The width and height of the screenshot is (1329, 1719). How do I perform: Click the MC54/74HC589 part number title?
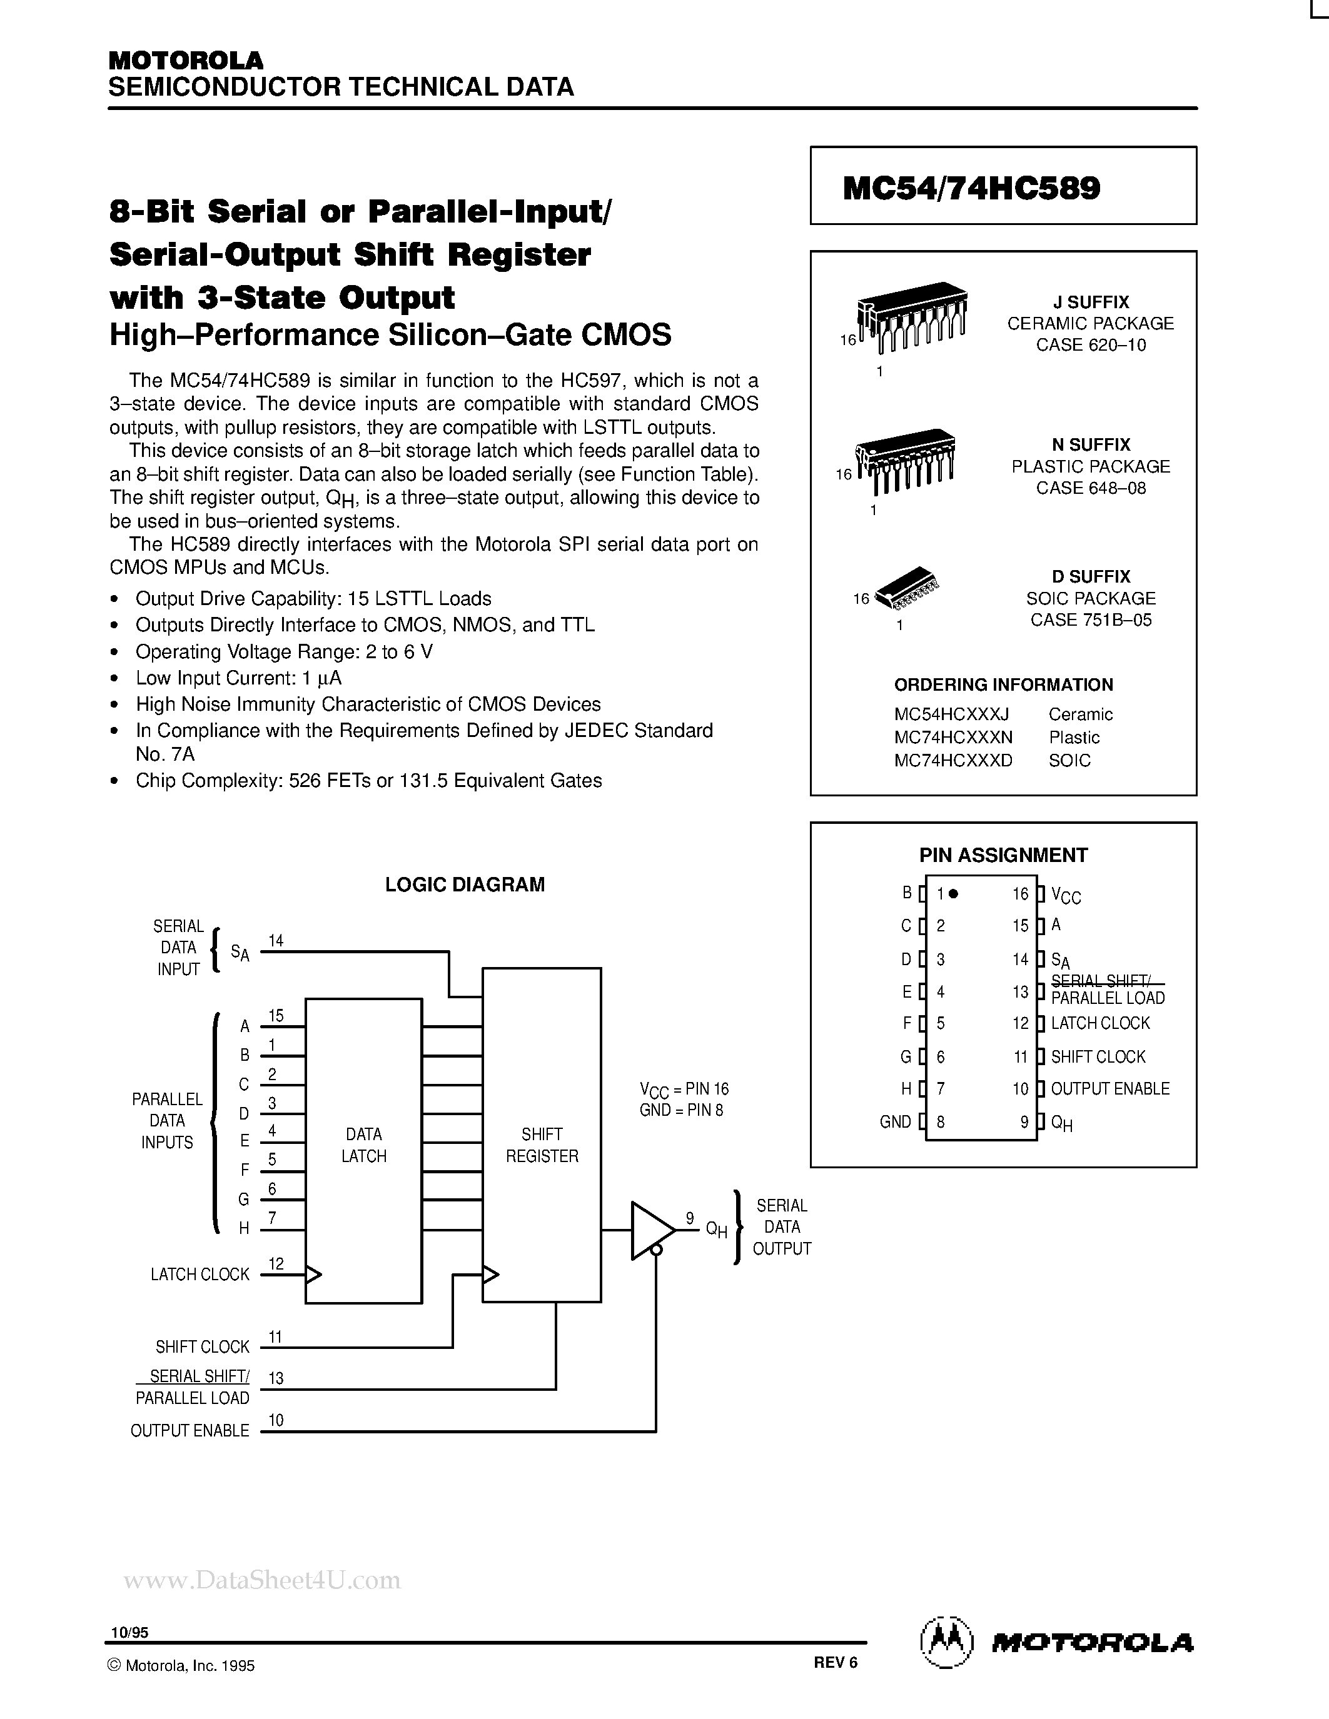click(x=971, y=188)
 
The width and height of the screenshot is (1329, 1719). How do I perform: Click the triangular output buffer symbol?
click(x=650, y=1230)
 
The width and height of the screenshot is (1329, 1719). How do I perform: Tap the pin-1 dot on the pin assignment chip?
click(x=954, y=893)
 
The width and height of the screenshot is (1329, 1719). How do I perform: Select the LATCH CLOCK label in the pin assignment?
click(x=1100, y=1023)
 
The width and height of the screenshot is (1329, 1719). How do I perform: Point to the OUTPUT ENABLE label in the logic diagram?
click(x=189, y=1430)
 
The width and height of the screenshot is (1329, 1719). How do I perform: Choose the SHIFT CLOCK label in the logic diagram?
click(x=203, y=1346)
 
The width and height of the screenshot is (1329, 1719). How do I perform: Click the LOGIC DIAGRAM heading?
click(x=465, y=885)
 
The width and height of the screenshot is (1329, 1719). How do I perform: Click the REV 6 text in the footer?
click(x=836, y=1661)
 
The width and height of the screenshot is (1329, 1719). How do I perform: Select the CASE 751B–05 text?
click(x=1091, y=620)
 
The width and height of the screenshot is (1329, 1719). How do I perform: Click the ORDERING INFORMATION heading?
click(x=1003, y=684)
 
